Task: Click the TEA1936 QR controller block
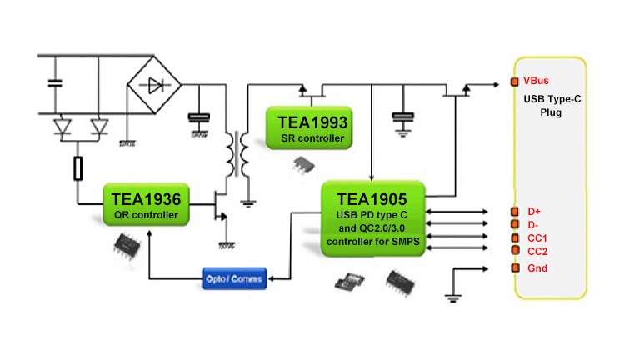(x=145, y=206)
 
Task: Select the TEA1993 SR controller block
(x=307, y=128)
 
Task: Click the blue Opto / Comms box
(x=234, y=277)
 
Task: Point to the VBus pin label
(x=536, y=82)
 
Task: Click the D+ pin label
(x=534, y=211)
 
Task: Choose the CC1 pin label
(x=537, y=237)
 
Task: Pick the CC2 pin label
(x=537, y=251)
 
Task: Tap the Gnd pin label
(x=536, y=267)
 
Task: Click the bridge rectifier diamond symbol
(x=154, y=85)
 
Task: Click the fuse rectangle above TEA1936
(x=78, y=169)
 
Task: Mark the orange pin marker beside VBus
(x=515, y=82)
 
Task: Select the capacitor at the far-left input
(x=57, y=82)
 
